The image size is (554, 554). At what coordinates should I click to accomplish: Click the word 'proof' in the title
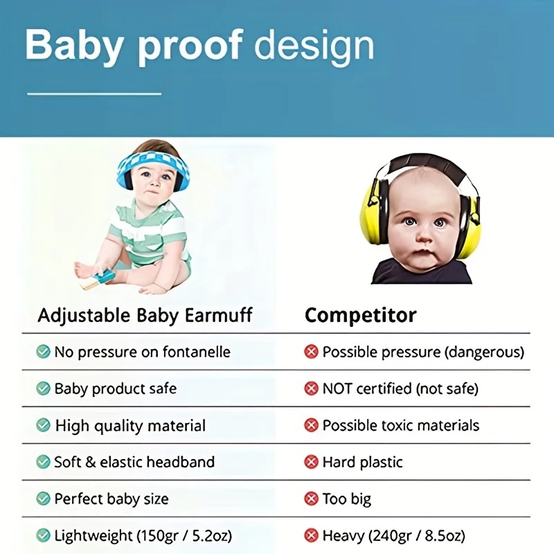(x=190, y=46)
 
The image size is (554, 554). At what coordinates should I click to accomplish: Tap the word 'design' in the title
(x=314, y=46)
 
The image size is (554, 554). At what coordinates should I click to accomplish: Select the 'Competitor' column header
(x=360, y=315)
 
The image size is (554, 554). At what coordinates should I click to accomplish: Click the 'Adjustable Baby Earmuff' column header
(x=145, y=315)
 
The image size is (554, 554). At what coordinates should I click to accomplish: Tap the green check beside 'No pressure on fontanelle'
(x=43, y=352)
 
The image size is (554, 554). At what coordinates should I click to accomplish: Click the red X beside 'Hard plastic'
(x=311, y=462)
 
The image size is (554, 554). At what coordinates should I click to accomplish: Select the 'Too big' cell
(x=347, y=499)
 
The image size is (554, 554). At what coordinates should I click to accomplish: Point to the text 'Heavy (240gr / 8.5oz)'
(x=393, y=535)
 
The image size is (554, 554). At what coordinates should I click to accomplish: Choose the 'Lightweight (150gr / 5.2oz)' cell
(x=143, y=535)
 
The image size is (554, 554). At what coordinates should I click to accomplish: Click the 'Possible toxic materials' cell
(x=401, y=425)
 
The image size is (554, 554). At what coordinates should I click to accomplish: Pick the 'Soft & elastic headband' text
(x=134, y=462)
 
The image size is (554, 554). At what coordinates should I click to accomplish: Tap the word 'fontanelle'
(x=197, y=352)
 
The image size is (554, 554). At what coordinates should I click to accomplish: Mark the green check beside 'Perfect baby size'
(x=43, y=499)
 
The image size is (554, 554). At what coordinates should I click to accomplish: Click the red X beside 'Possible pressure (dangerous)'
(x=311, y=352)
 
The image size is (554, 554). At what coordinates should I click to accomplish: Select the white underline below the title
(x=94, y=94)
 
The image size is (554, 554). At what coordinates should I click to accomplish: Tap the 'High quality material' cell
(x=130, y=425)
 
